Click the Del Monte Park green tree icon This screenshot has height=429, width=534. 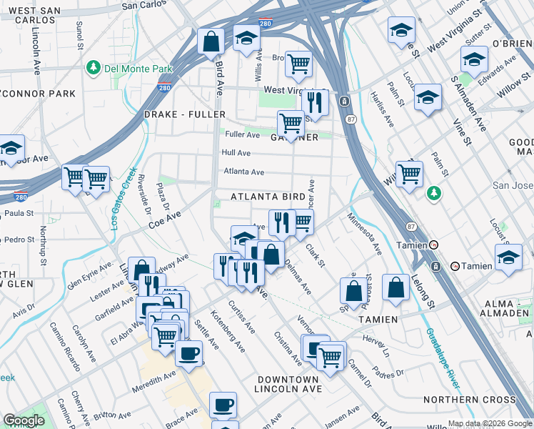pos(93,69)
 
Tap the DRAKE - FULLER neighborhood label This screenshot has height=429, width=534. pos(184,114)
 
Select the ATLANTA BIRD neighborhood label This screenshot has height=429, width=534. pos(268,197)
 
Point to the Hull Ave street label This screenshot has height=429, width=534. pos(236,153)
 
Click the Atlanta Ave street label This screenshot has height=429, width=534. pos(243,172)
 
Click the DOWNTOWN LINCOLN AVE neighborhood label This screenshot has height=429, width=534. pos(288,384)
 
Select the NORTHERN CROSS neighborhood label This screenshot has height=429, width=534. pos(479,400)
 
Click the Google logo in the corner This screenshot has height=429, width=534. pos(24,420)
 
